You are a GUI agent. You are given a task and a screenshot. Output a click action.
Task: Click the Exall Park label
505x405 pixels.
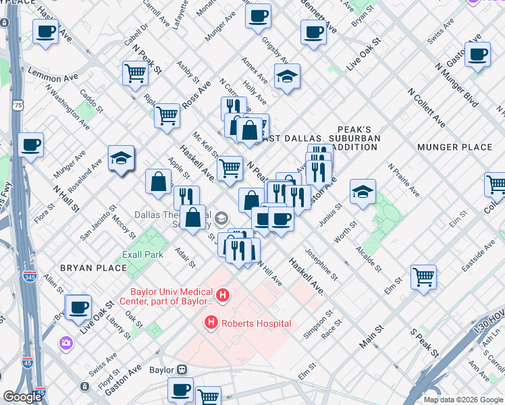click(x=142, y=255)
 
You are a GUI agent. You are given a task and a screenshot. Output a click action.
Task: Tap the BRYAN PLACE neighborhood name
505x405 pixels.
click(x=93, y=268)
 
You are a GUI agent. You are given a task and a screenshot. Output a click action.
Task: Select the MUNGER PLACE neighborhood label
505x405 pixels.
click(x=454, y=146)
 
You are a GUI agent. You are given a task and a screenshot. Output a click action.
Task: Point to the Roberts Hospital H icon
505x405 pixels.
click(x=211, y=323)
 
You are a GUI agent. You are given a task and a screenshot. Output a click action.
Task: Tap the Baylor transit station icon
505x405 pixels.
click(x=182, y=370)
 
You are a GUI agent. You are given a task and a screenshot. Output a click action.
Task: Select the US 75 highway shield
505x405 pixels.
click(x=18, y=105)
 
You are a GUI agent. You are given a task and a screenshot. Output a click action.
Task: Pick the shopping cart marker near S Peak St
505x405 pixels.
click(x=423, y=275)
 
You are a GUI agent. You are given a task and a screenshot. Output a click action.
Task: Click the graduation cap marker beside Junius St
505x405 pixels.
click(x=363, y=191)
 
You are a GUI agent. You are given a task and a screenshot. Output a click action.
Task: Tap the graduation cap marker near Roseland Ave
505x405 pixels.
click(x=121, y=159)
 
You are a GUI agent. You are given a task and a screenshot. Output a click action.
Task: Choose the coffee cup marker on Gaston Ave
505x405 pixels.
click(x=477, y=55)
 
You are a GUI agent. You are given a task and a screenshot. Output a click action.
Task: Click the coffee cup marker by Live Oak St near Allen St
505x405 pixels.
click(x=78, y=306)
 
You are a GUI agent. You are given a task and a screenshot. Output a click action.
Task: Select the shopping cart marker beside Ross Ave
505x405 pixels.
click(x=167, y=115)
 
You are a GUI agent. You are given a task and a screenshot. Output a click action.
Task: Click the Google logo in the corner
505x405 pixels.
click(x=22, y=397)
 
